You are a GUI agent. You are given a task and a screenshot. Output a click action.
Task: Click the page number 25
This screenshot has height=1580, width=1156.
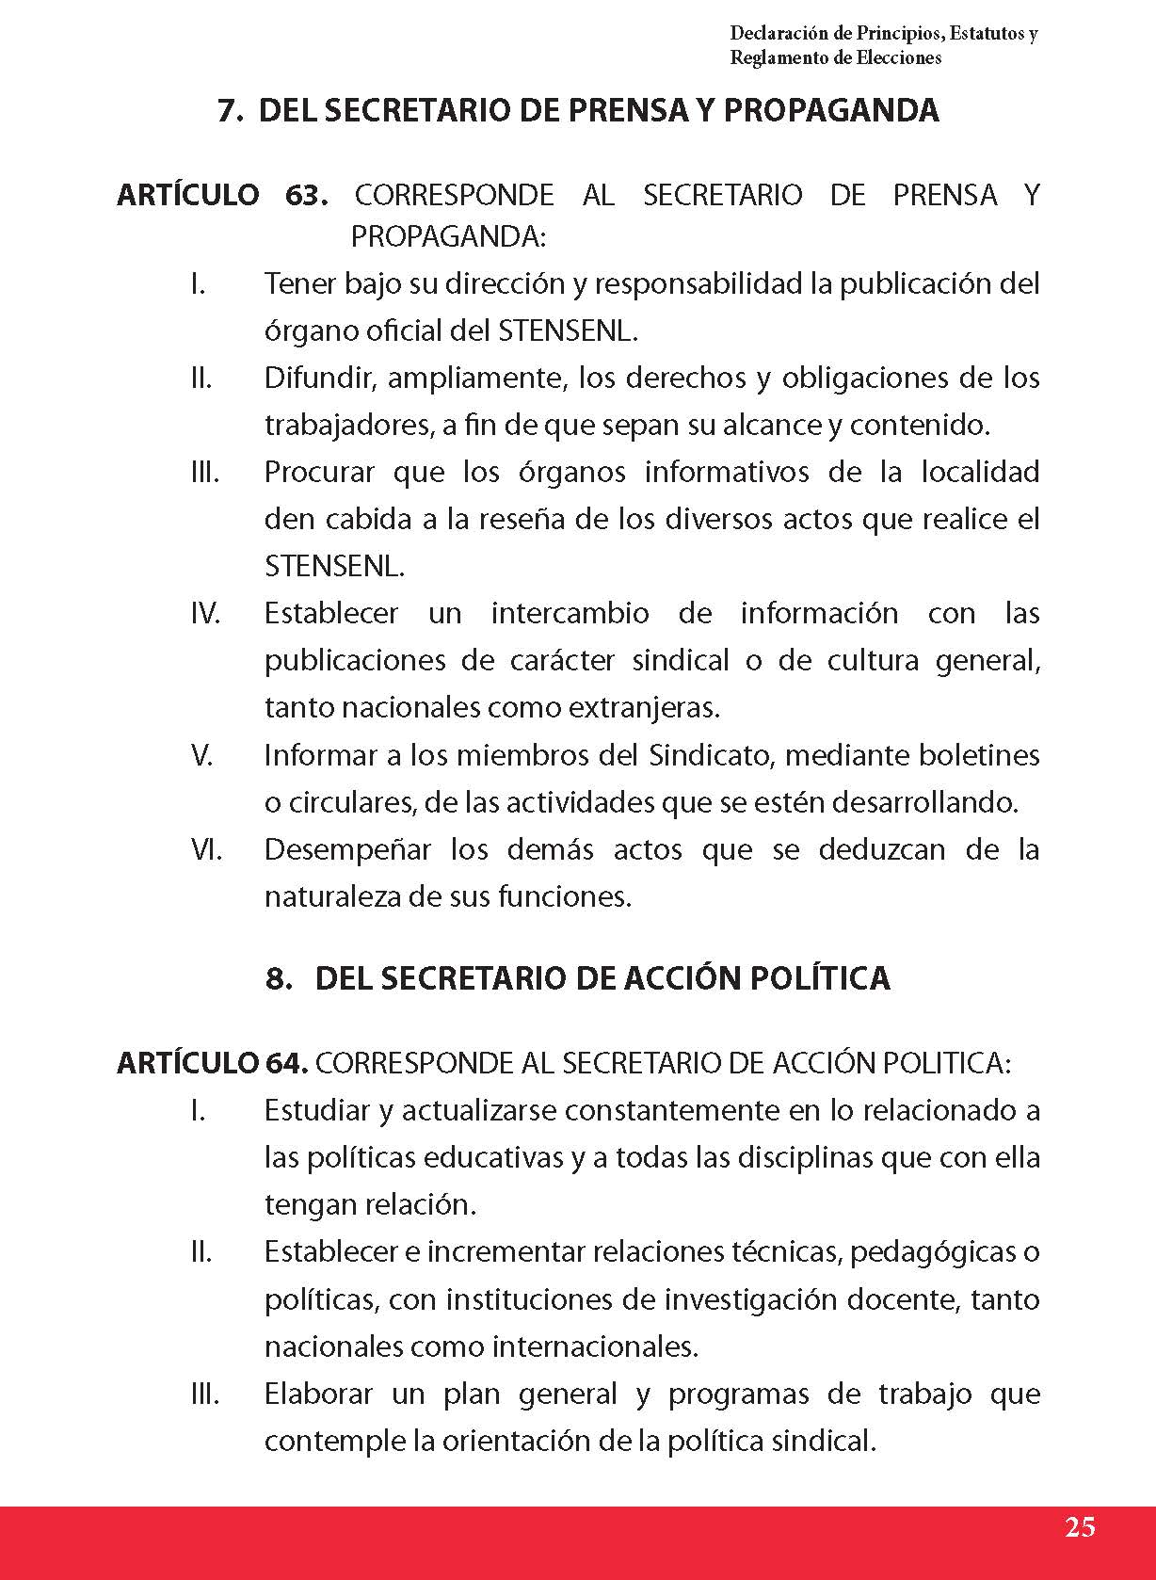point(1080,1527)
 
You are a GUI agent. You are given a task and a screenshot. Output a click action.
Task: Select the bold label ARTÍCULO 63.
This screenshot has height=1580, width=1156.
point(222,196)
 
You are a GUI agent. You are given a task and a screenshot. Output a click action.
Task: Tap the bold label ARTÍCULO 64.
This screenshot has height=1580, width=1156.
point(213,1063)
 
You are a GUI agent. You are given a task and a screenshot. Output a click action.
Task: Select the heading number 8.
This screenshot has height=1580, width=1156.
point(279,978)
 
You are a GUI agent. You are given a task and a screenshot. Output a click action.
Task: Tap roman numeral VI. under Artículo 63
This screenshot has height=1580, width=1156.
point(206,849)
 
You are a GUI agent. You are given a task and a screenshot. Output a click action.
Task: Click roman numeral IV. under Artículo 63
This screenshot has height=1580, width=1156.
point(205,614)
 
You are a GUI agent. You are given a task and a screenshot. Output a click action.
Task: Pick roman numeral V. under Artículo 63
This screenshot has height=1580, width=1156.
point(202,755)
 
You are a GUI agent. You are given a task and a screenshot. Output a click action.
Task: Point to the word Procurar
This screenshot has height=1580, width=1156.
point(319,473)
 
